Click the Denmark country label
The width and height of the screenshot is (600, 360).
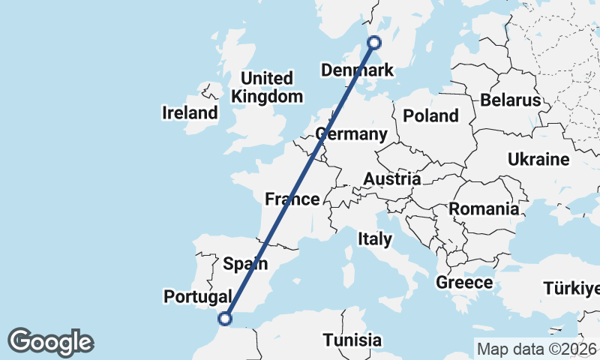pyautogui.click(x=357, y=70)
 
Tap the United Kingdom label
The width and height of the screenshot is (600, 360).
pyautogui.click(x=267, y=87)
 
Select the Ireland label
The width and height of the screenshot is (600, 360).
pyautogui.click(x=190, y=113)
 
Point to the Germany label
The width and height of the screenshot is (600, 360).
pyautogui.click(x=352, y=134)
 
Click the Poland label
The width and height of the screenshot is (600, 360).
pyautogui.click(x=430, y=115)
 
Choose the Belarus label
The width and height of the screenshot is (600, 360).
pyautogui.click(x=511, y=100)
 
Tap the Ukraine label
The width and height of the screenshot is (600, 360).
pyautogui.click(x=538, y=159)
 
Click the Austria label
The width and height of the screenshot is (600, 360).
pyautogui.click(x=391, y=179)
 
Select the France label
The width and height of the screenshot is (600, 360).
pyautogui.click(x=292, y=199)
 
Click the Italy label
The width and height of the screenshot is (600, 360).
pyautogui.click(x=375, y=239)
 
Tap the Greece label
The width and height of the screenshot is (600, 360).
pyautogui.click(x=464, y=283)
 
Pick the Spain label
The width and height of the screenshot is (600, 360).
pyautogui.click(x=246, y=263)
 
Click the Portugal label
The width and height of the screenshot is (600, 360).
pyautogui.click(x=198, y=297)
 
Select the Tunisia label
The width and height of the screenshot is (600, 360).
pyautogui.click(x=352, y=340)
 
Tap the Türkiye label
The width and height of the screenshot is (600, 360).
pyautogui.click(x=573, y=289)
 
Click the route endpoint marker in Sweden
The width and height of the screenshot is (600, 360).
pyautogui.click(x=374, y=43)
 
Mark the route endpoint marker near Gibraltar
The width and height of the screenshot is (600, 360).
pyautogui.click(x=223, y=319)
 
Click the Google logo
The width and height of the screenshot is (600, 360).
pyautogui.click(x=50, y=342)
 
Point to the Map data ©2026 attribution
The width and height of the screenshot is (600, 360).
pyautogui.click(x=536, y=349)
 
